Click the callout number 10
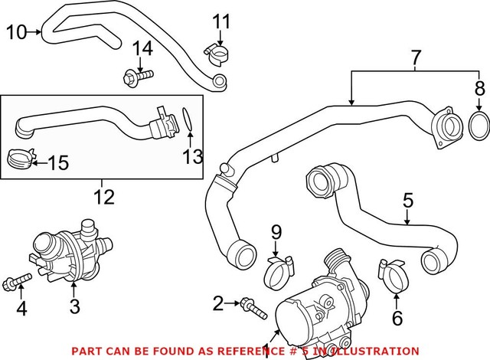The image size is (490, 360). click(16, 31)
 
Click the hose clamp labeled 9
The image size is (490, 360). click(280, 269)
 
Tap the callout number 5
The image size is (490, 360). click(407, 201)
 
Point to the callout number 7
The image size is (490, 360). click(416, 57)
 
